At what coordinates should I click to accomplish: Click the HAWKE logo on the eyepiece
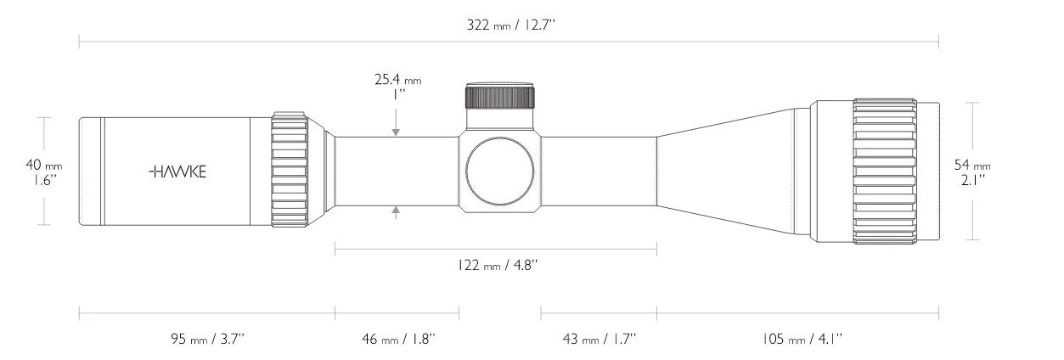177,172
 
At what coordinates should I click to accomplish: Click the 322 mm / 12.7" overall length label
509,25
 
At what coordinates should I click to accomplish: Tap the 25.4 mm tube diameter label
397,80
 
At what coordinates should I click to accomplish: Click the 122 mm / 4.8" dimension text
496,265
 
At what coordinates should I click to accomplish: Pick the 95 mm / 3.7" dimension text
207,339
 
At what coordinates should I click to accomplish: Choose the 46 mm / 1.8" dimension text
397,339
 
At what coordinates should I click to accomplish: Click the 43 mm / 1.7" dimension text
599,339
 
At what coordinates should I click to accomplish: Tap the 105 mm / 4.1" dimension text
797,339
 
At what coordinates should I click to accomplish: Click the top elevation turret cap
499,95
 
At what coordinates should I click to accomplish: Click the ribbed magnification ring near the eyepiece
289,172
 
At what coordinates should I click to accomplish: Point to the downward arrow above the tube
397,131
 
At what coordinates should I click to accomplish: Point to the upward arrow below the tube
397,213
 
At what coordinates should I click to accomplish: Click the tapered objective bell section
730,172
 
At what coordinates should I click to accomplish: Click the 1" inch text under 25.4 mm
397,95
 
